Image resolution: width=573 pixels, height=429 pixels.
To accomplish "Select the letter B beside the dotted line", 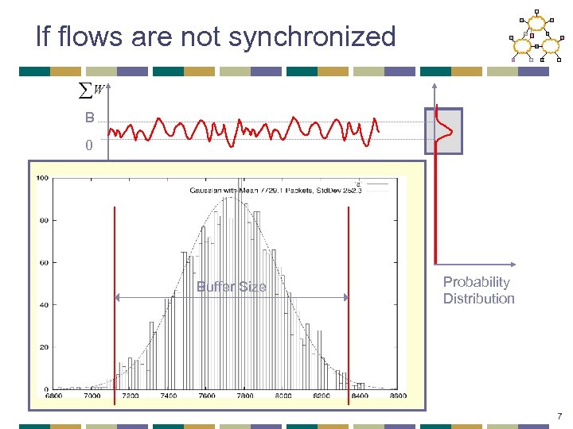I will [x=90, y=118].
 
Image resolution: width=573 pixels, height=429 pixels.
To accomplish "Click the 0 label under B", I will [x=90, y=145].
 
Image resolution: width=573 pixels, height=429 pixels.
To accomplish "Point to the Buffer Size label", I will [x=231, y=287].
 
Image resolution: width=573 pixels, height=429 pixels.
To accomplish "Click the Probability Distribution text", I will [x=478, y=290].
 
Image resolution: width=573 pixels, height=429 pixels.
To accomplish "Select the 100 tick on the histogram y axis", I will [x=42, y=178].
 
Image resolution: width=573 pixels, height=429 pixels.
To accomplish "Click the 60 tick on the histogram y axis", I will [x=44, y=262].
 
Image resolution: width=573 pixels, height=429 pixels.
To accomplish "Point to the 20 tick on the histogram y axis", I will [x=44, y=347].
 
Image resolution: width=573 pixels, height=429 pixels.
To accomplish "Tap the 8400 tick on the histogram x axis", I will [x=360, y=396].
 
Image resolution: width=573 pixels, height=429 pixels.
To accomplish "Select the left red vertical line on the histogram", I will [x=115, y=302].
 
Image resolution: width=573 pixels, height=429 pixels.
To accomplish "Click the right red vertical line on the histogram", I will [x=349, y=302].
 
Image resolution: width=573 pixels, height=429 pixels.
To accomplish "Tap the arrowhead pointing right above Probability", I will [x=513, y=265].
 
